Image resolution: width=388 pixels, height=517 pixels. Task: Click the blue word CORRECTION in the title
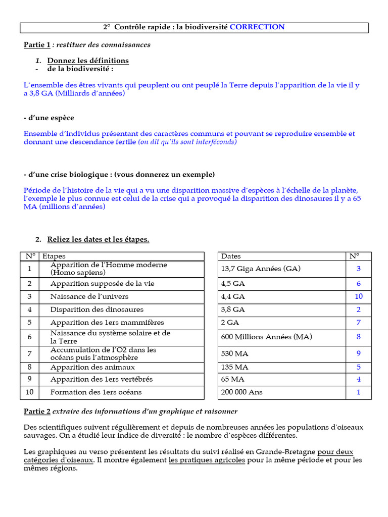257,27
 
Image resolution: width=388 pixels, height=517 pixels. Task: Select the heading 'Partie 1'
37,45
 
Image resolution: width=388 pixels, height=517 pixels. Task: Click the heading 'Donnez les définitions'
88,61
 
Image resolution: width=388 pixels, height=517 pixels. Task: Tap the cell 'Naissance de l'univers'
89,296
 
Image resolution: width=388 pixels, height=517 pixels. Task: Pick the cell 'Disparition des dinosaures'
97,309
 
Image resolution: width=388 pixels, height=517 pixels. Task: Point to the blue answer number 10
359,296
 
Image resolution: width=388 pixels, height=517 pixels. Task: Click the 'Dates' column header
231,256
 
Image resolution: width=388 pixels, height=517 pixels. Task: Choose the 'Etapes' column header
54,256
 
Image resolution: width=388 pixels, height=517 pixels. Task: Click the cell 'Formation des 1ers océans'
96,392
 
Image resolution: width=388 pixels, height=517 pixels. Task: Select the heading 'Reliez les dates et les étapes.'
98,239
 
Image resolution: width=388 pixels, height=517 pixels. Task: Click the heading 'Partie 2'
37,411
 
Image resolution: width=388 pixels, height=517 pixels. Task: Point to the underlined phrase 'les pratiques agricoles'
207,460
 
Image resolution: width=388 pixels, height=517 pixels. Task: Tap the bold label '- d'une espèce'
49,118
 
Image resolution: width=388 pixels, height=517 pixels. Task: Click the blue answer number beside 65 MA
359,379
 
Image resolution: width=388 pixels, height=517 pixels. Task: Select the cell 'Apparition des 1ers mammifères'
107,323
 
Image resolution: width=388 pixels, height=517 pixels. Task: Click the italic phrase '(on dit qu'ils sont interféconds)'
187,142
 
